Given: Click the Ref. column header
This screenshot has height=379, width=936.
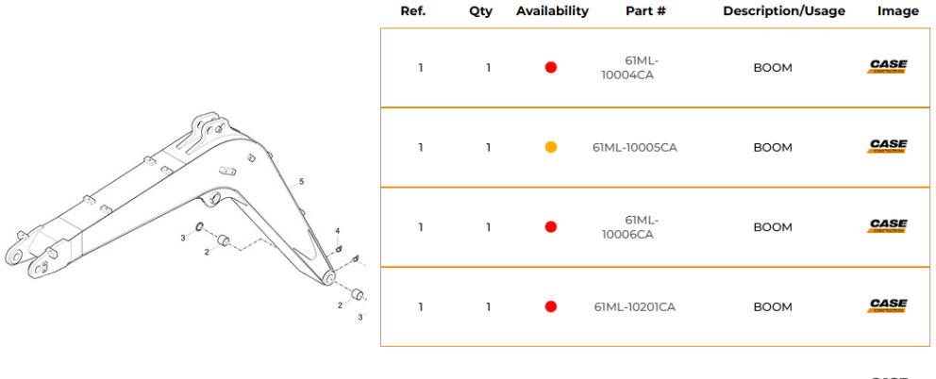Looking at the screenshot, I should (x=413, y=11).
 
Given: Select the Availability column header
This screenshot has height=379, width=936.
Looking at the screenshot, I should (x=552, y=11).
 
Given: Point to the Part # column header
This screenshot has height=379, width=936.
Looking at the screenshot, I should (x=645, y=11).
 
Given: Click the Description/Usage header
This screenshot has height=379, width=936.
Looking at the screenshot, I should (x=784, y=11).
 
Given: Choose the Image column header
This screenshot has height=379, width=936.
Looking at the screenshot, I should (x=897, y=11).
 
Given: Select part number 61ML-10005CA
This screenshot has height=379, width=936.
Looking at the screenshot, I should (x=634, y=147).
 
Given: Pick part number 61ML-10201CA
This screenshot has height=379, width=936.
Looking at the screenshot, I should (x=634, y=306).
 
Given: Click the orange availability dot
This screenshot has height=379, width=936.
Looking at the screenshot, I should (x=551, y=147).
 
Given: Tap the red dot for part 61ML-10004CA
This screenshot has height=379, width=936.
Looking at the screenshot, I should (x=551, y=68).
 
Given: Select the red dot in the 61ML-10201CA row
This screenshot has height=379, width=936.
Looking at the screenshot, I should (x=551, y=306).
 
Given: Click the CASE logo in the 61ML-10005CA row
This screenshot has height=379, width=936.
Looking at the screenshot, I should (x=888, y=147).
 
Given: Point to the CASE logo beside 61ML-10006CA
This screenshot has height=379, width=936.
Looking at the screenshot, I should (x=888, y=226).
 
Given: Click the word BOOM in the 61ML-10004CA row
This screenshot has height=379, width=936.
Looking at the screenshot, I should (x=773, y=68).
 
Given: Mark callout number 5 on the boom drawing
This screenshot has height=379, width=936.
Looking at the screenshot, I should (x=301, y=181).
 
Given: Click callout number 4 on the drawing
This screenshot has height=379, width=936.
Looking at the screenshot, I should (x=337, y=231).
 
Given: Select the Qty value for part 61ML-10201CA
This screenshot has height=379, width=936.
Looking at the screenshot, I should (x=488, y=306).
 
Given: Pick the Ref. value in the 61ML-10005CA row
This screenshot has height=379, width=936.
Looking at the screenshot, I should (x=421, y=147).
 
